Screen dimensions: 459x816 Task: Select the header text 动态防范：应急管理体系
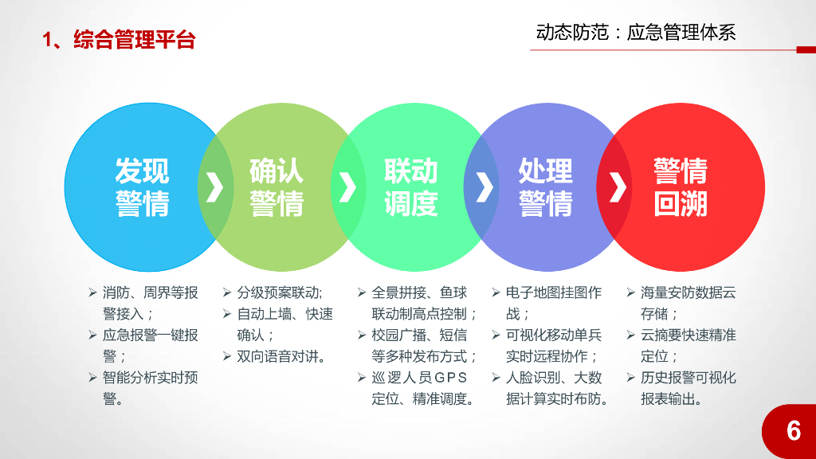tap(636, 32)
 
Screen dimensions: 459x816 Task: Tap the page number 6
tap(793, 431)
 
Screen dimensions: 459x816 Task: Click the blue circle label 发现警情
tap(142, 187)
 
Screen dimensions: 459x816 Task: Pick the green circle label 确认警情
tap(277, 187)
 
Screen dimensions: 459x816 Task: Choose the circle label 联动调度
tap(411, 187)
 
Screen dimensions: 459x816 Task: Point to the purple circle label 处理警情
tap(546, 187)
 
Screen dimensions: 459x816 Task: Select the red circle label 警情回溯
tap(681, 187)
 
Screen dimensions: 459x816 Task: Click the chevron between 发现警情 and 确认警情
tap(214, 186)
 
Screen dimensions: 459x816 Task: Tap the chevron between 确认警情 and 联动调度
tap(347, 186)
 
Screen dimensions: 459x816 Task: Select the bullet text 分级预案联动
tap(279, 292)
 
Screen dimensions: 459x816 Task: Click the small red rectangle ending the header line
tap(806, 50)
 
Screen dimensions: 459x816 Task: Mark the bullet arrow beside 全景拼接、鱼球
tap(361, 292)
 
